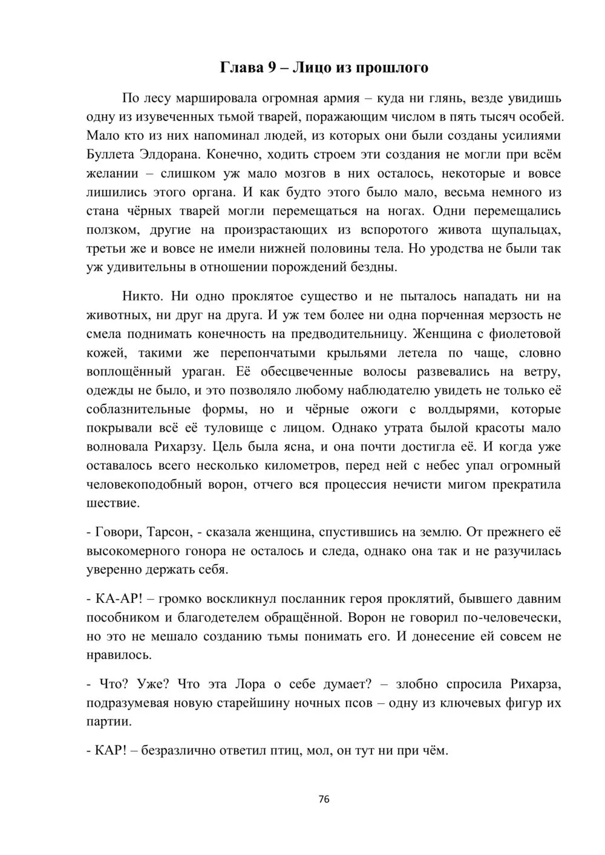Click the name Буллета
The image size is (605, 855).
pyautogui.click(x=111, y=154)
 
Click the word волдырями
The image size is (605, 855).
pyautogui.click(x=465, y=409)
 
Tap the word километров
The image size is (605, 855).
pyautogui.click(x=262, y=466)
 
